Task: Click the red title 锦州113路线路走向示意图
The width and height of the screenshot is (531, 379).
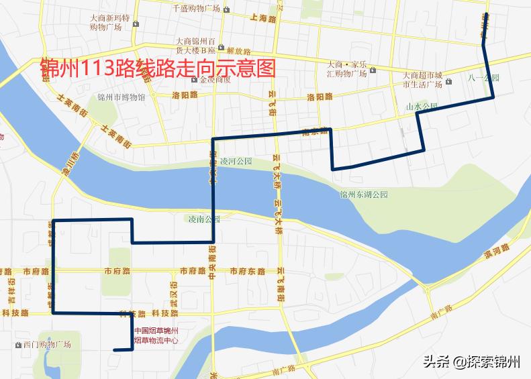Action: tap(158, 67)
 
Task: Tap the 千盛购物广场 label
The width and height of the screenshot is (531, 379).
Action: tap(196, 9)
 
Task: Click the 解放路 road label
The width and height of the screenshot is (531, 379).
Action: tap(238, 51)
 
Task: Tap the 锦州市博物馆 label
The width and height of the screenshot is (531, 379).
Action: tap(121, 97)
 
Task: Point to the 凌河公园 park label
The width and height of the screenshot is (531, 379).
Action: tap(236, 162)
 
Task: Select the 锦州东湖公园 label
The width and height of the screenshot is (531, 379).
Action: tap(364, 195)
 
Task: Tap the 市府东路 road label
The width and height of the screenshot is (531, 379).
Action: tap(248, 272)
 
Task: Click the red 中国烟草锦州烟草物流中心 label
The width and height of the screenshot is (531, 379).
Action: tap(156, 335)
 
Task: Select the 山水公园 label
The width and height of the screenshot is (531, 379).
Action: tap(422, 106)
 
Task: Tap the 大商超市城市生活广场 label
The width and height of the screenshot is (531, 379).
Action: tap(422, 79)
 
